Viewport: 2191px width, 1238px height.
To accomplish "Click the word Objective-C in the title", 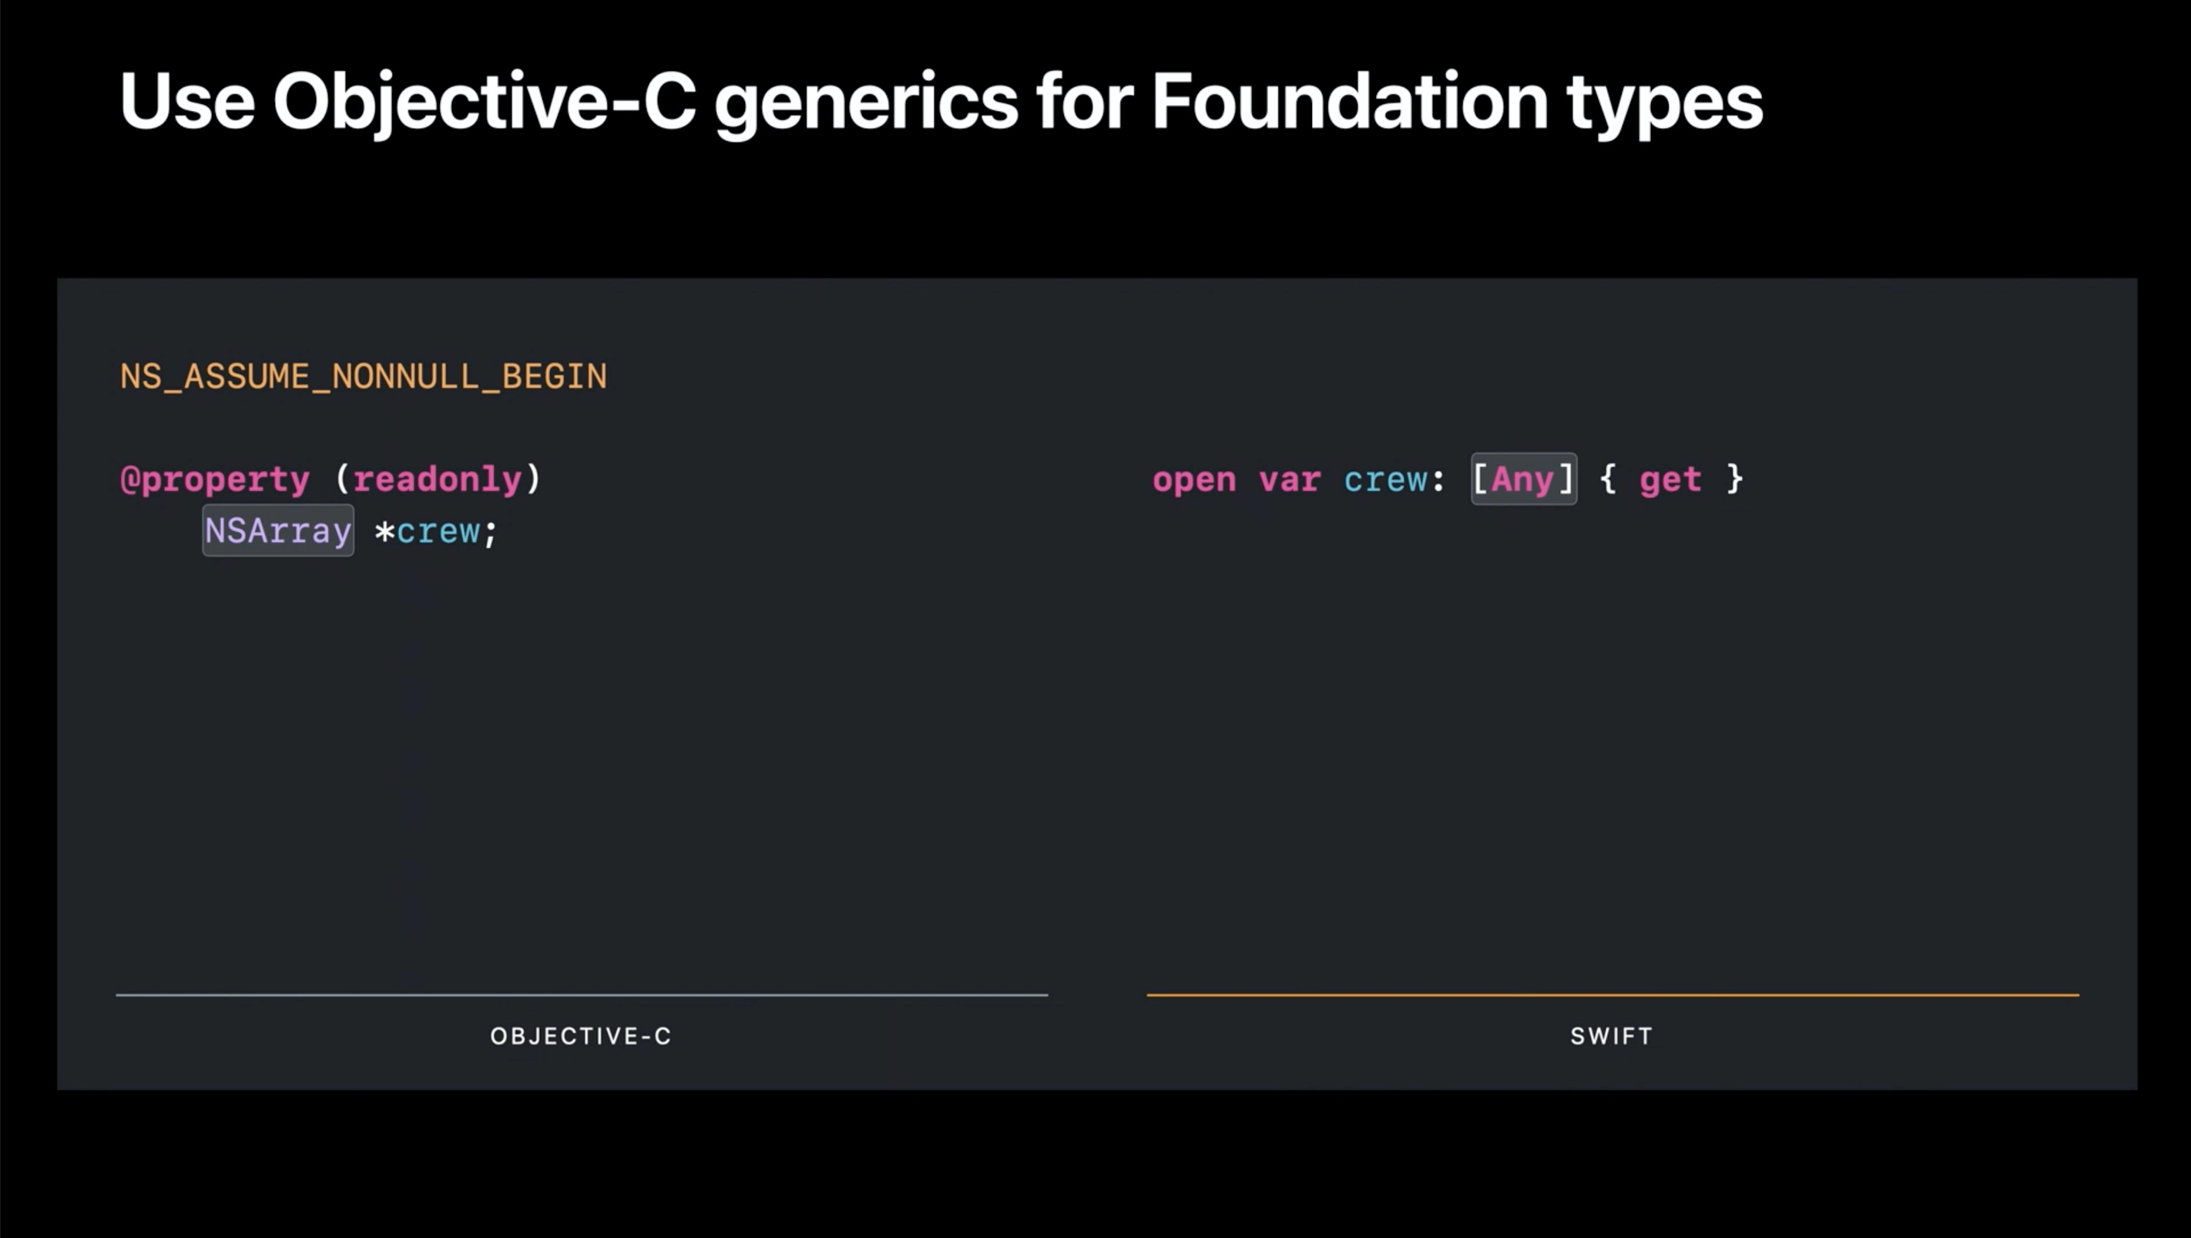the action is click(x=485, y=102).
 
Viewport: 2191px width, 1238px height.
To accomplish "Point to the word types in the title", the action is click(x=1665, y=106).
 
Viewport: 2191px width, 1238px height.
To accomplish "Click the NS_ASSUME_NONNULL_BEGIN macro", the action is click(x=363, y=377).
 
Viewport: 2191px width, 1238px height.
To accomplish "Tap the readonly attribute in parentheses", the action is click(x=437, y=479).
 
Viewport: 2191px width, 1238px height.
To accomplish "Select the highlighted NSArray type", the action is click(x=278, y=531).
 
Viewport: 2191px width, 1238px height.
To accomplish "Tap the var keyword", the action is click(x=1290, y=481).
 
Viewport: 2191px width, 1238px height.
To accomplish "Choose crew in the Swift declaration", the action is click(x=1385, y=481).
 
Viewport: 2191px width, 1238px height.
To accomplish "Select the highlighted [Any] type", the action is click(x=1523, y=479).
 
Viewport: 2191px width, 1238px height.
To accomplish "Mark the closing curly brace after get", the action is click(x=1735, y=479).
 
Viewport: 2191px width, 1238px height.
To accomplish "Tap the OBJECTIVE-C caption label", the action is click(x=581, y=1036).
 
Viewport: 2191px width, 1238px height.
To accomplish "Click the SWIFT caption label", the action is click(x=1612, y=1036).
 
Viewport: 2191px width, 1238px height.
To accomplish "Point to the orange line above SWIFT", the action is click(x=1612, y=994).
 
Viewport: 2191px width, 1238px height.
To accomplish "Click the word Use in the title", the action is click(x=187, y=102).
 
